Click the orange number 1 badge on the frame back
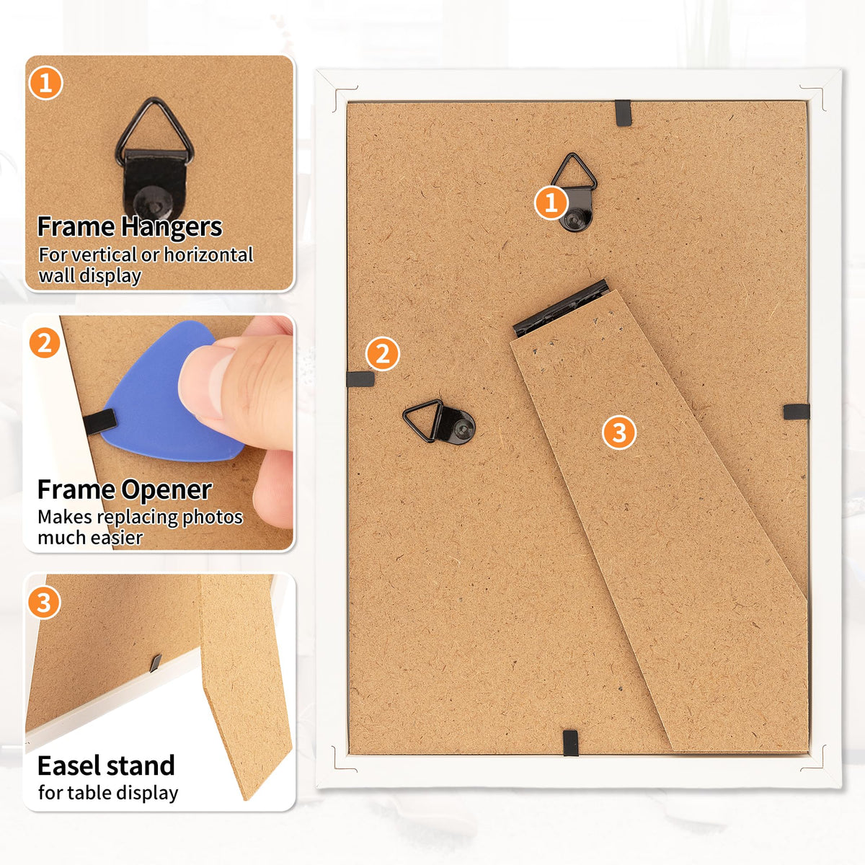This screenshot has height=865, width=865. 551,203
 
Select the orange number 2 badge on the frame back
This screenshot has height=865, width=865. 383,353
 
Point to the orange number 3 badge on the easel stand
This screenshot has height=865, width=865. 619,432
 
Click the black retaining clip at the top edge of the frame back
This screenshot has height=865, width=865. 623,112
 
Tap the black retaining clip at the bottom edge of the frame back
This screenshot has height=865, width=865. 570,743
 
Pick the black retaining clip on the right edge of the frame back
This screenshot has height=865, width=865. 797,412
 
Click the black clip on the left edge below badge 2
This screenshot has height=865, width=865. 360,379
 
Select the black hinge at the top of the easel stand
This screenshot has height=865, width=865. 561,308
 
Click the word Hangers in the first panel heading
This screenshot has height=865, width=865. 170,227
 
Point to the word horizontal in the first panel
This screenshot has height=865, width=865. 208,254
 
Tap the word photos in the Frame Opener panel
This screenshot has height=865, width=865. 213,518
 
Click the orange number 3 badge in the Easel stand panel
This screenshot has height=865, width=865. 44,603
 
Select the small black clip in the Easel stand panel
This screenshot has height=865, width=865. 155,663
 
